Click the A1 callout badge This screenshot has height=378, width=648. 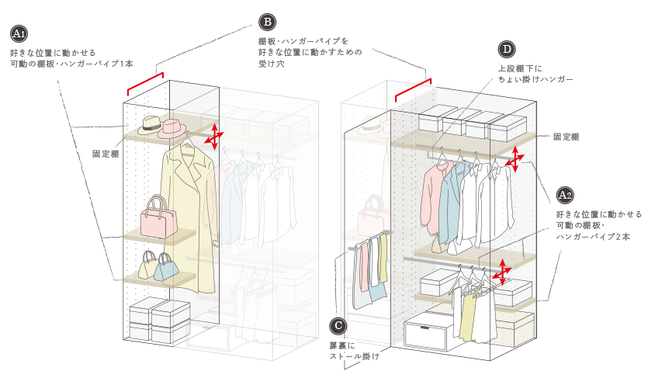(19, 34)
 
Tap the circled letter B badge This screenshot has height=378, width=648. (268, 22)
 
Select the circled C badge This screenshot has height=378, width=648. (338, 326)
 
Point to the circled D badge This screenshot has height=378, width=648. (507, 50)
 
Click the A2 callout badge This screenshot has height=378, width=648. (564, 195)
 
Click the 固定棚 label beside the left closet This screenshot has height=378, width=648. (106, 154)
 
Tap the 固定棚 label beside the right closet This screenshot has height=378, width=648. (567, 137)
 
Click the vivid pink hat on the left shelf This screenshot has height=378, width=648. (172, 129)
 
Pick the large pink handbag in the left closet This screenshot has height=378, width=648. (158, 217)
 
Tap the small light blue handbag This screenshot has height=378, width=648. (167, 267)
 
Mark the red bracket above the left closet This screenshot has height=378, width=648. (145, 84)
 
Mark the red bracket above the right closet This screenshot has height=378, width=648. (414, 89)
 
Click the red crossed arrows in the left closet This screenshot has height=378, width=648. (213, 136)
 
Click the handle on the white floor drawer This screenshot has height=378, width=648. (424, 328)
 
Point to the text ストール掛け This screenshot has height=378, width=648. (354, 356)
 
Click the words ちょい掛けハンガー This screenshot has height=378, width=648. (535, 79)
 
